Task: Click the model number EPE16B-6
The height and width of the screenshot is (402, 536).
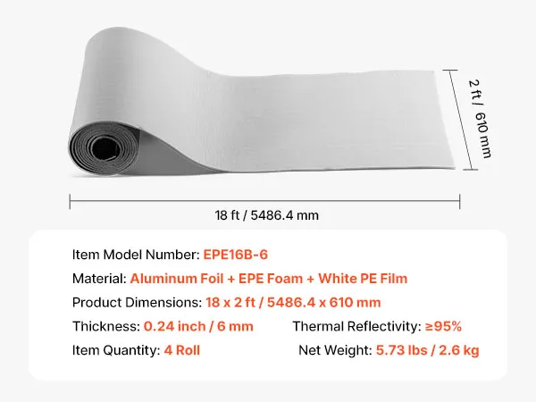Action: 236,255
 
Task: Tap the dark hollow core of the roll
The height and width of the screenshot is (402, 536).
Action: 105,148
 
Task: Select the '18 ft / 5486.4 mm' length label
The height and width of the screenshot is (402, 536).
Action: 266,215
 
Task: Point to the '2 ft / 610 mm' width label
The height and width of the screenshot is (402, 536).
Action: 480,119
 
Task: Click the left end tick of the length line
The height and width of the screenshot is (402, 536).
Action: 70,201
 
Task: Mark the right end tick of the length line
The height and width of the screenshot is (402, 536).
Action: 460,201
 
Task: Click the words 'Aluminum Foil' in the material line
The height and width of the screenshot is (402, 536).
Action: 177,279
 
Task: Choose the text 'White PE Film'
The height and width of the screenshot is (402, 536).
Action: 363,279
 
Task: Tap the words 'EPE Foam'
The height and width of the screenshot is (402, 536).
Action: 271,279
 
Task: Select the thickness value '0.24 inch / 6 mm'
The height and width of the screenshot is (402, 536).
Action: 198,326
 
